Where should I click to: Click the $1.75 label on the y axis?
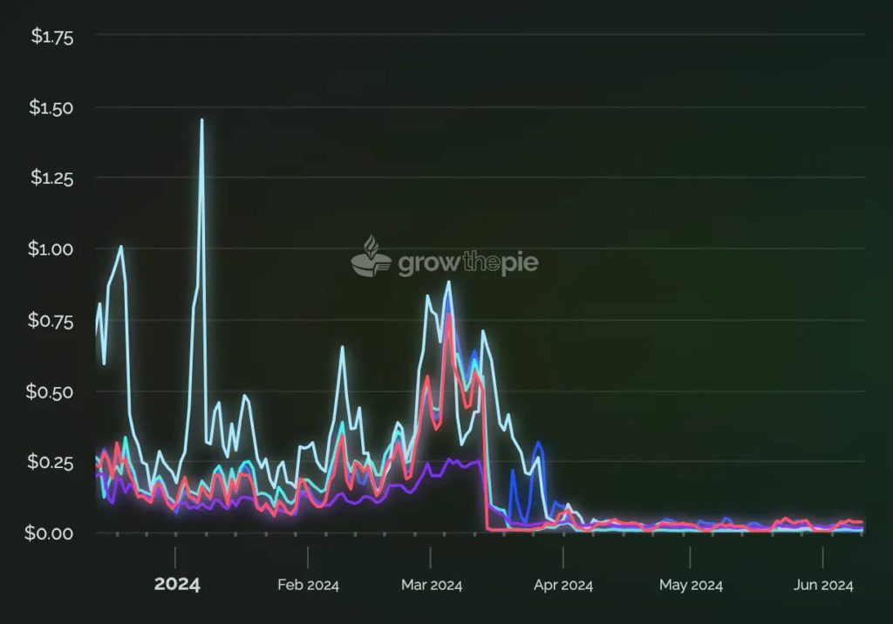pyautogui.click(x=52, y=37)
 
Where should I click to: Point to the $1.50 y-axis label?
pyautogui.click(x=52, y=108)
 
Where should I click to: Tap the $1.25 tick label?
pyautogui.click(x=52, y=179)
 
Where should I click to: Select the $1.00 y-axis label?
pyautogui.click(x=52, y=249)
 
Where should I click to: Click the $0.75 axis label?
pyautogui.click(x=52, y=321)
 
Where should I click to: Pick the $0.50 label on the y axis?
pyautogui.click(x=52, y=391)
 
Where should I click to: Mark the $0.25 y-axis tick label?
pyautogui.click(x=52, y=462)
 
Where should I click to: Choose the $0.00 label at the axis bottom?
pyautogui.click(x=52, y=532)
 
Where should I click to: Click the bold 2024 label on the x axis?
pyautogui.click(x=177, y=584)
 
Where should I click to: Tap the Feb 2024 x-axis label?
pyautogui.click(x=308, y=585)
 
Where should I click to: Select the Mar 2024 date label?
pyautogui.click(x=431, y=585)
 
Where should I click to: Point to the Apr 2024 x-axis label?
pyautogui.click(x=563, y=585)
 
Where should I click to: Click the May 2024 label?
pyautogui.click(x=691, y=585)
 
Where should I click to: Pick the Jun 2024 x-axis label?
pyautogui.click(x=823, y=585)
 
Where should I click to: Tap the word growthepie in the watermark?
pyautogui.click(x=467, y=263)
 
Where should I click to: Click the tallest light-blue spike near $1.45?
pyautogui.click(x=201, y=120)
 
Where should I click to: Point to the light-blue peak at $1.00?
pyautogui.click(x=120, y=247)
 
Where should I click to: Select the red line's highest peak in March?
pyautogui.click(x=449, y=315)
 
